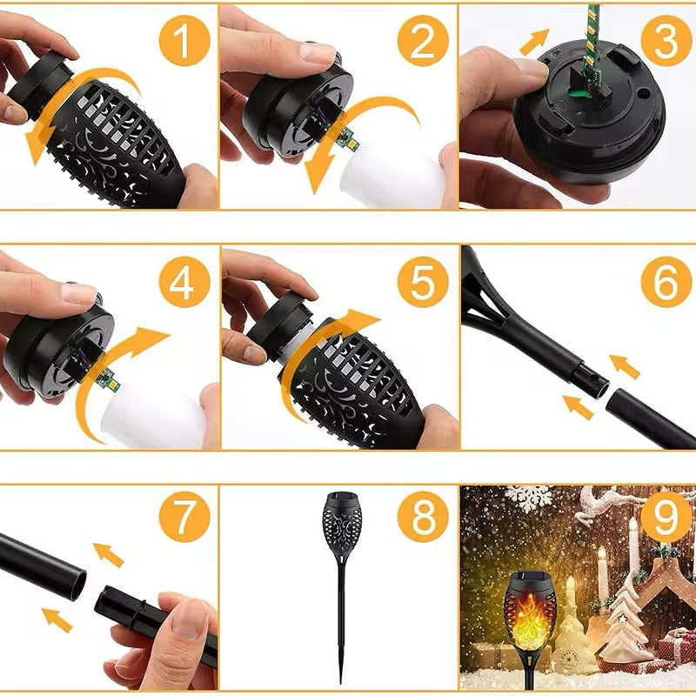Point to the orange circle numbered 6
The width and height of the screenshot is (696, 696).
point(666,280)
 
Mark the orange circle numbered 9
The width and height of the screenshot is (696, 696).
point(666,519)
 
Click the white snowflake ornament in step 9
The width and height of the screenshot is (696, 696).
point(528,497)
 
